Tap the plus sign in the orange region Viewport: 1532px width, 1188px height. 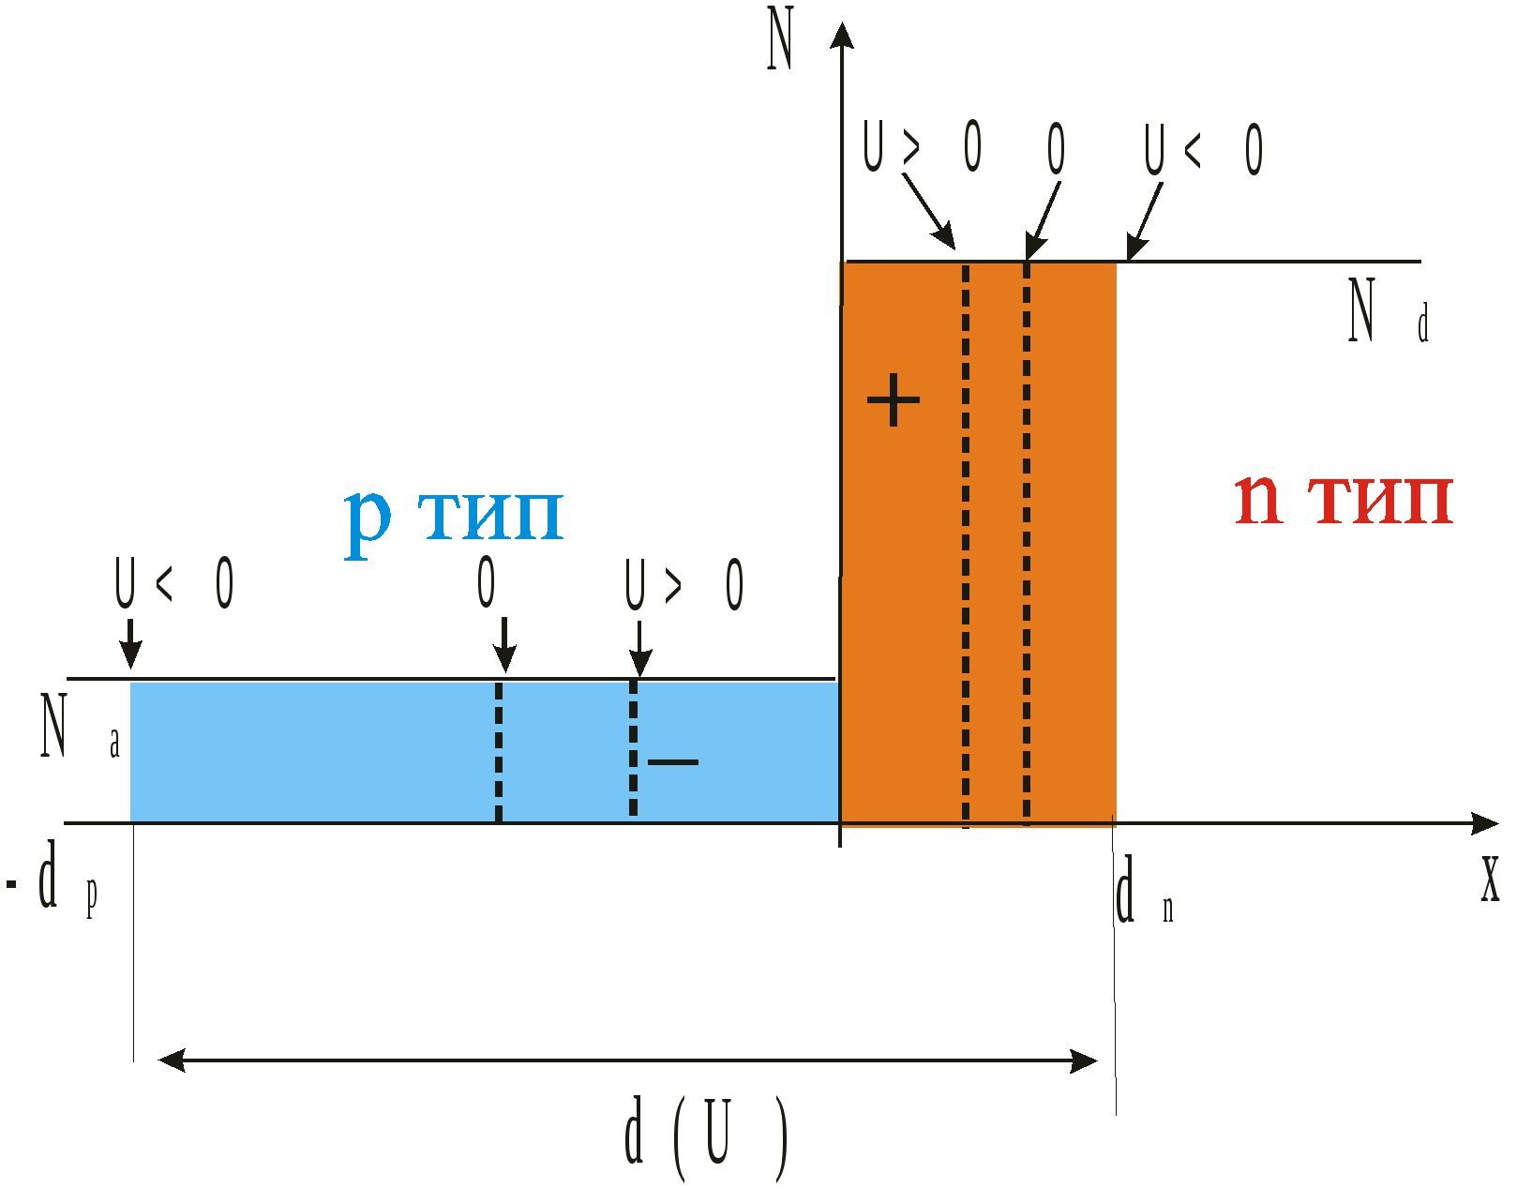(893, 400)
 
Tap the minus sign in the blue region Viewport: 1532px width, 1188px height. (673, 761)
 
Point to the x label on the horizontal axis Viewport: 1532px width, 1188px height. (1490, 880)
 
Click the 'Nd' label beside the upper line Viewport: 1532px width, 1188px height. (1386, 311)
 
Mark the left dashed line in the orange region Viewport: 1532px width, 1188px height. (966, 544)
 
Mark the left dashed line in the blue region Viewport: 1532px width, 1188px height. (499, 750)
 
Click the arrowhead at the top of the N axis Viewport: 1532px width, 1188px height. (842, 35)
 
